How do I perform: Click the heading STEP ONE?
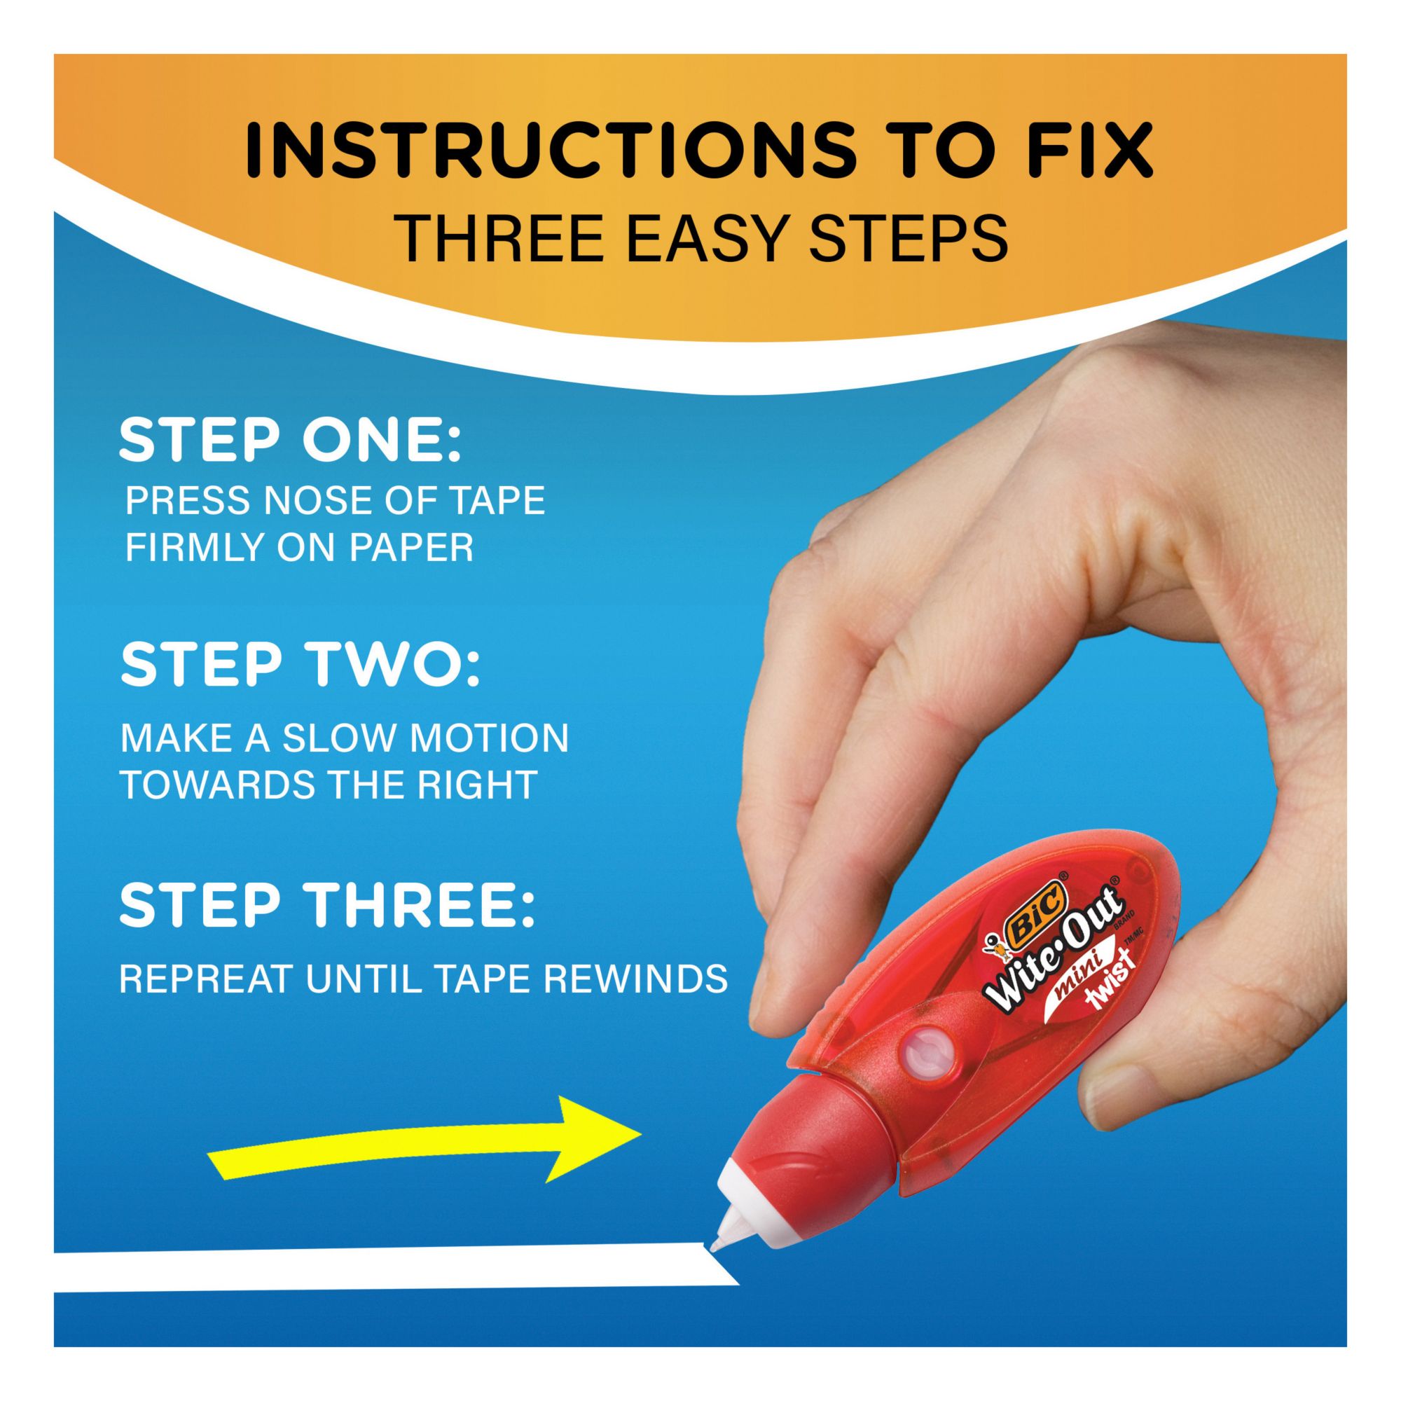point(289,441)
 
